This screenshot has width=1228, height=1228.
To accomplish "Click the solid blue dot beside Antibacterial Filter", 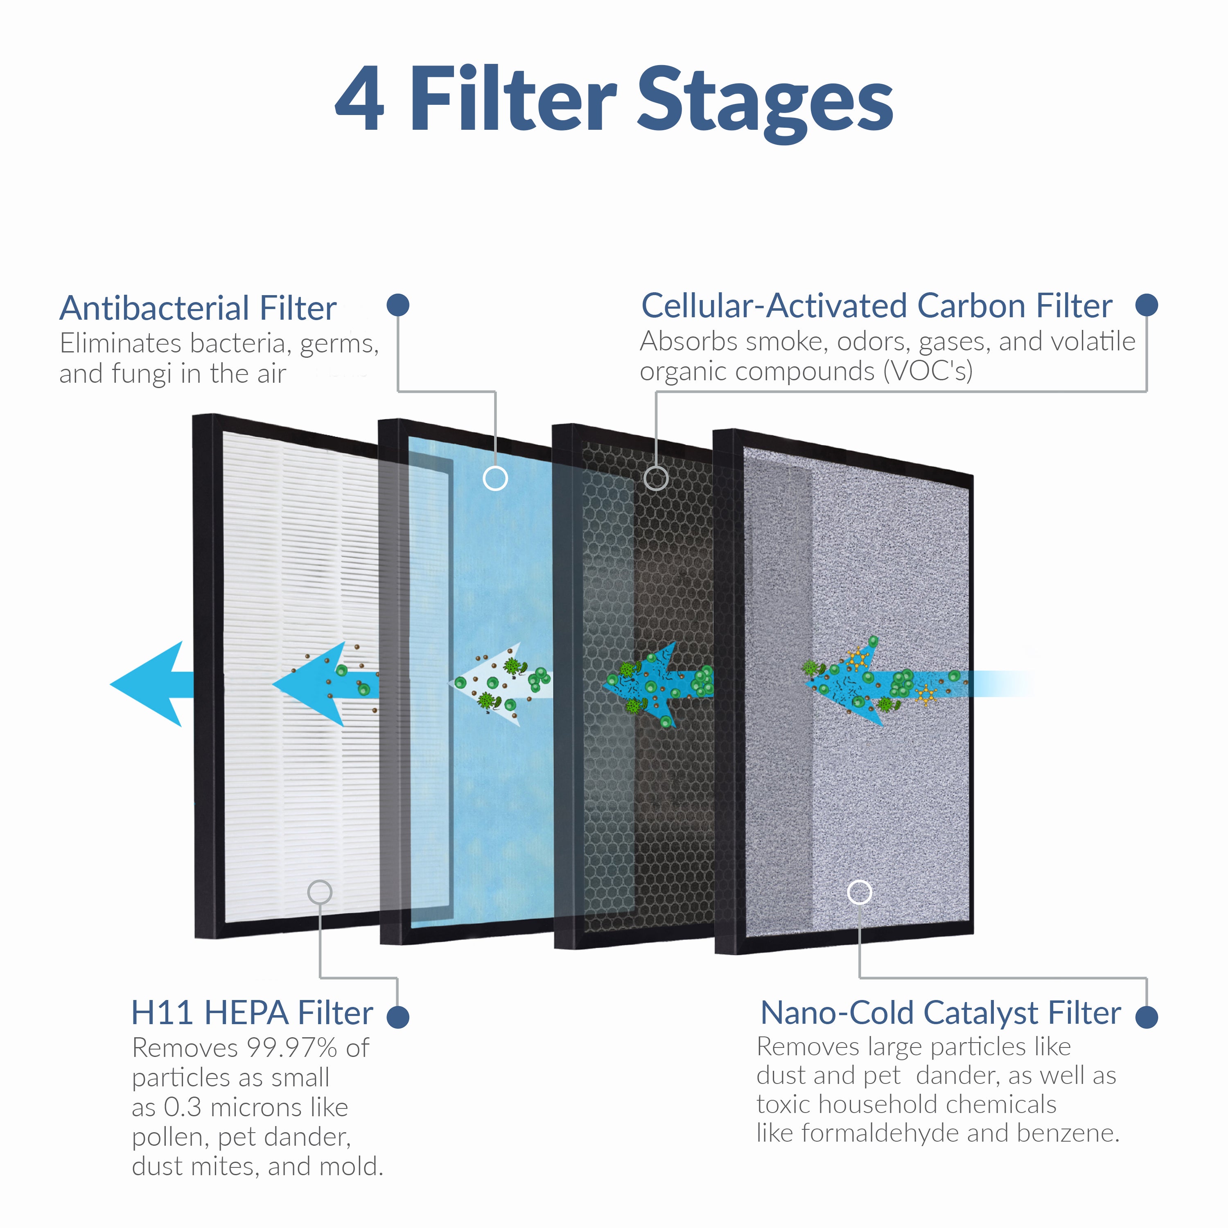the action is pyautogui.click(x=398, y=305).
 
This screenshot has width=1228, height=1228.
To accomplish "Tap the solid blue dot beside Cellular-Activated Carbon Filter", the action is pyautogui.click(x=1147, y=305).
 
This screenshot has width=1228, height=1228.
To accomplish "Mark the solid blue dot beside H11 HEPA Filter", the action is pyautogui.click(x=398, y=1017).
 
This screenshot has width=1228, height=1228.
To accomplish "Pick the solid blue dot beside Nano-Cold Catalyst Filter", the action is pyautogui.click(x=1147, y=1017).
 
